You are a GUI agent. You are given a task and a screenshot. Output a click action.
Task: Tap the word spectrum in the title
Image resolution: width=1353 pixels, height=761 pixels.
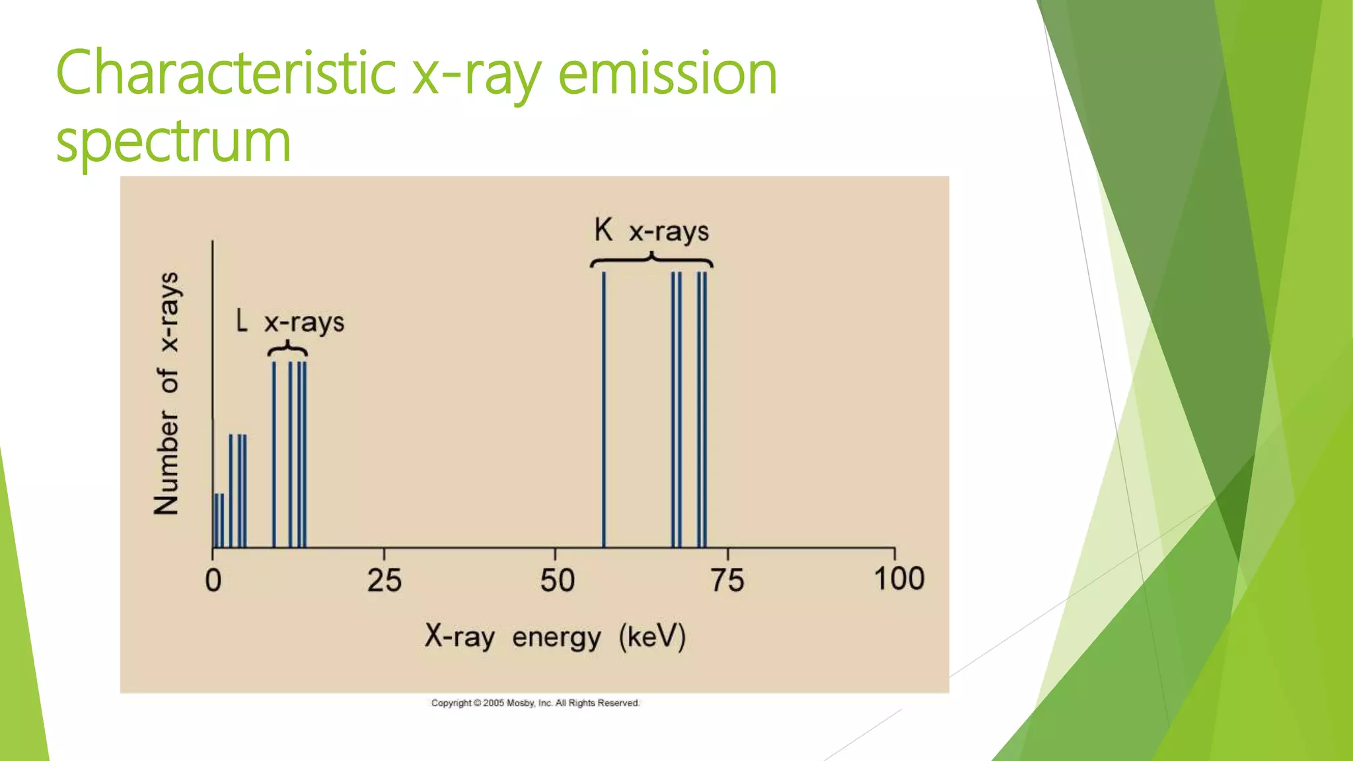(x=173, y=141)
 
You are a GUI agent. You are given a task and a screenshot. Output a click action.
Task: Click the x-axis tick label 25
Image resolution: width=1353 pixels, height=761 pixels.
(x=384, y=581)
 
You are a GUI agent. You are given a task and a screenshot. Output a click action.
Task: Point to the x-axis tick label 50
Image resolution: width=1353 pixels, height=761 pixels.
(x=557, y=581)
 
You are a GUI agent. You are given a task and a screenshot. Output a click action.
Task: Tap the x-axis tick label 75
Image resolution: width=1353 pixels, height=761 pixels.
(x=727, y=581)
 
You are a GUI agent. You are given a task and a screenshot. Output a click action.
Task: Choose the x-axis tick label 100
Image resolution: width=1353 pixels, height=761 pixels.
(x=898, y=579)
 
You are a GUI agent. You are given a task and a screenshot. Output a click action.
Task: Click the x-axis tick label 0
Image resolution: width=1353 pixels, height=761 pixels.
(x=213, y=581)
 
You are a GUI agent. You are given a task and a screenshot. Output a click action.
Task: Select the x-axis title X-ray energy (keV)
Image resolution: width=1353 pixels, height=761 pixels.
(x=555, y=637)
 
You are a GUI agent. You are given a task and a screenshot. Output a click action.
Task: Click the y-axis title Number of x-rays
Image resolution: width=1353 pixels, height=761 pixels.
(x=166, y=393)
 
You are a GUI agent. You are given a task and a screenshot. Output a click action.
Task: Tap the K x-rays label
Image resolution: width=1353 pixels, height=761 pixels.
(x=651, y=231)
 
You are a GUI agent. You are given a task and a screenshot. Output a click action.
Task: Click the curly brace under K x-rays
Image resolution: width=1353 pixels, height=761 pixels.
(x=651, y=260)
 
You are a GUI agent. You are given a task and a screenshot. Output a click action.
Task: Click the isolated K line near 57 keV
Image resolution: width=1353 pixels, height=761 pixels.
(x=604, y=410)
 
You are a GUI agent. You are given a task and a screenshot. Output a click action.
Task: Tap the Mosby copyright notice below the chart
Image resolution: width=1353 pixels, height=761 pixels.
(x=535, y=703)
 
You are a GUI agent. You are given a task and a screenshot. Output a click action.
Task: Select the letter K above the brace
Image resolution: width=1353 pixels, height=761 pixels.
(x=603, y=231)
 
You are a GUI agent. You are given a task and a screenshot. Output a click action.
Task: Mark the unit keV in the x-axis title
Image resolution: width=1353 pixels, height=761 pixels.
(x=653, y=637)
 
